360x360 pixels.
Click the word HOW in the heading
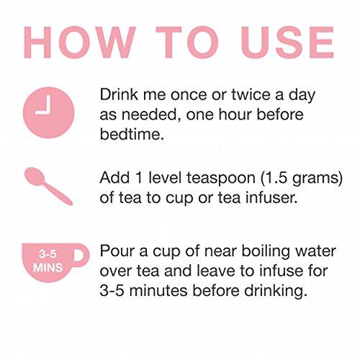(79, 42)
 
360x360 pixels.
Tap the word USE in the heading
(287, 42)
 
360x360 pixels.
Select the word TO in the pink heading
(187, 42)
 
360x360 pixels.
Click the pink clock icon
(49, 112)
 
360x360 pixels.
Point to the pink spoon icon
(48, 186)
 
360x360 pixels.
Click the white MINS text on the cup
(48, 268)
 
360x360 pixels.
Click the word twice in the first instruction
(251, 94)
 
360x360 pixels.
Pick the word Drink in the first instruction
(119, 94)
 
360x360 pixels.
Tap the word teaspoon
(221, 179)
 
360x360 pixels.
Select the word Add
(114, 178)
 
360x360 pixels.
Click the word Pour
(117, 251)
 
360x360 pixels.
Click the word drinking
(276, 292)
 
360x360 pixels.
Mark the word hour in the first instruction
(235, 114)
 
